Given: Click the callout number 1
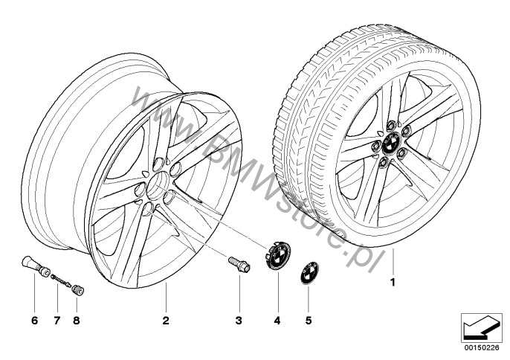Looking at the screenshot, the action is (x=393, y=282).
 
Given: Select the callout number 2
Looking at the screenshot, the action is (x=166, y=321).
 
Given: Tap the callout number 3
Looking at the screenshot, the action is (x=239, y=321).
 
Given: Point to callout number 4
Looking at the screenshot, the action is (x=277, y=321).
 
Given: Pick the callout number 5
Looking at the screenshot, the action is (x=309, y=321).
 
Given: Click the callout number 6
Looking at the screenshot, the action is (x=34, y=321).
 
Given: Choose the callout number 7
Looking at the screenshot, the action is (x=57, y=321).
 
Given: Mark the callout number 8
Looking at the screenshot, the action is (x=77, y=321).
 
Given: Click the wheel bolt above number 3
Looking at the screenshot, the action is (x=239, y=265).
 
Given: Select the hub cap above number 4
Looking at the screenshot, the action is (x=277, y=254).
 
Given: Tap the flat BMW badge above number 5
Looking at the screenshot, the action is (x=309, y=273).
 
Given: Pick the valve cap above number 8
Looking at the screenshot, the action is (x=78, y=289).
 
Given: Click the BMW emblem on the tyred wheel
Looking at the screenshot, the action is (x=391, y=144).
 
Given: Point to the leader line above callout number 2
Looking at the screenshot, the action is (x=166, y=298).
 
